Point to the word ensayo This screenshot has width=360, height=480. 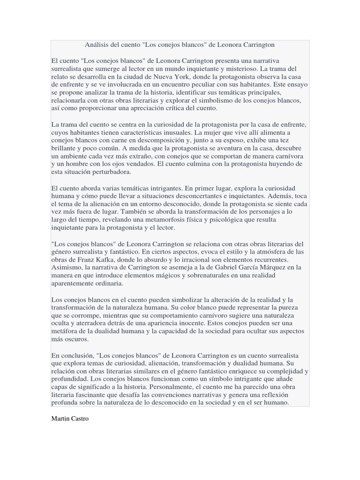[294, 84]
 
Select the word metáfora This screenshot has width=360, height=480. [65, 331]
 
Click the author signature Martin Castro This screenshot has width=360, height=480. [69, 419]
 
